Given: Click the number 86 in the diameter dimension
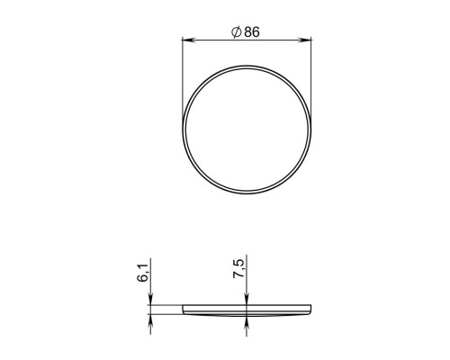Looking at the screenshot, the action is pos(252,32).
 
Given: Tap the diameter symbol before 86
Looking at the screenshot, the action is pos(237,32).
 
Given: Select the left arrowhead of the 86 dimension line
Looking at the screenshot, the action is pos(189,40).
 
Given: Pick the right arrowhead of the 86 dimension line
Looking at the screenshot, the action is pos(305,40).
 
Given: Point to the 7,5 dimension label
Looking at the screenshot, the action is pos(238,268).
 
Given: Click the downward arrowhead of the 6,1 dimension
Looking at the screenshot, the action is pos(150,299).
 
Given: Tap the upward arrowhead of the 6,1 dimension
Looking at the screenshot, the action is pos(150,321).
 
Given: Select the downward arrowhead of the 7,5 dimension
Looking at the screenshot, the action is pos(247,299).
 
